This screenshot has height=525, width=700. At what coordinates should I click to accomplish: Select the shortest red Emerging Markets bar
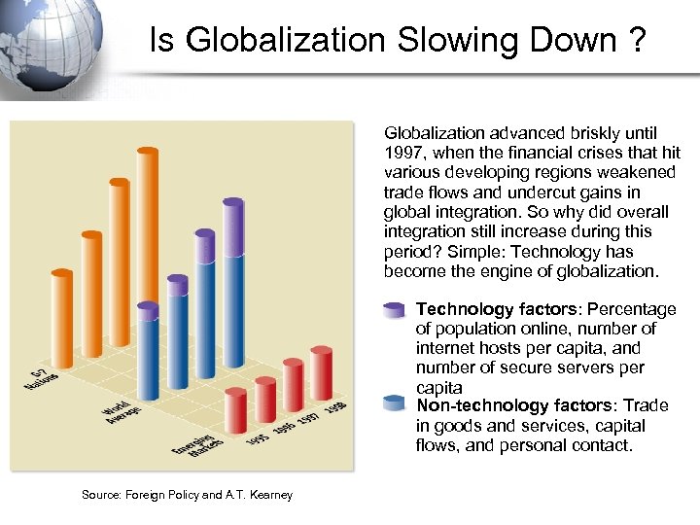point(235,413)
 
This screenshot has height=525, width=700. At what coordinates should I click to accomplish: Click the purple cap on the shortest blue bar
point(148,311)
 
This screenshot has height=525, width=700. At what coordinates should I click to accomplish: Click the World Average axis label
point(122,412)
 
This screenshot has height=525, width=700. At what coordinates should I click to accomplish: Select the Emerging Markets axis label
point(196,447)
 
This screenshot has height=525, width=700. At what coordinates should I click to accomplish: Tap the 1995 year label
point(258,439)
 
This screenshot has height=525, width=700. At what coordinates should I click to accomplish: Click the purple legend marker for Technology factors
point(394,310)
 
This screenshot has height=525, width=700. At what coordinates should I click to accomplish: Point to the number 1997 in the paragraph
point(404,153)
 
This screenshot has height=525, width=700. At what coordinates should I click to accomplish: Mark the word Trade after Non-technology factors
point(647,404)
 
